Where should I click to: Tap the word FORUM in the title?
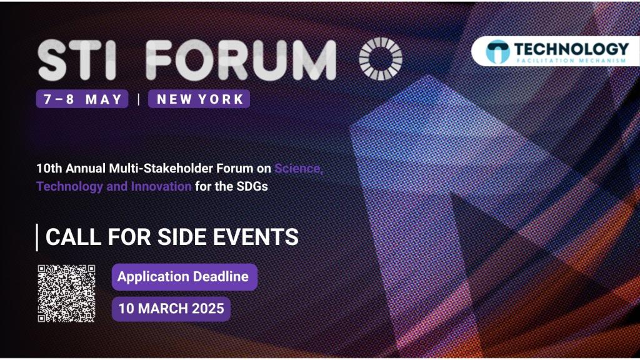pos(241,61)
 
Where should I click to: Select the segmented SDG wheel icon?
pos(381,59)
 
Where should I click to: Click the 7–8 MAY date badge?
pos(82,99)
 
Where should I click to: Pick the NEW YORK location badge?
pos(199,99)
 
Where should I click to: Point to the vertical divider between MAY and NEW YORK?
pos(139,99)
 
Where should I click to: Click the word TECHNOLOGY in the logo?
pos(571,49)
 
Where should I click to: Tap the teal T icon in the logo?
pos(497,52)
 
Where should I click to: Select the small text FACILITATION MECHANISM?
pos(571,61)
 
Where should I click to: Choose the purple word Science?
pos(299,168)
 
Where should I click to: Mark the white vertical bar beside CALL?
pos(37,237)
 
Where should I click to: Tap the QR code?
pos(66,294)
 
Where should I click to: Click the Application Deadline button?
pos(184,277)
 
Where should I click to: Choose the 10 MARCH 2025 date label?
pos(171,309)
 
